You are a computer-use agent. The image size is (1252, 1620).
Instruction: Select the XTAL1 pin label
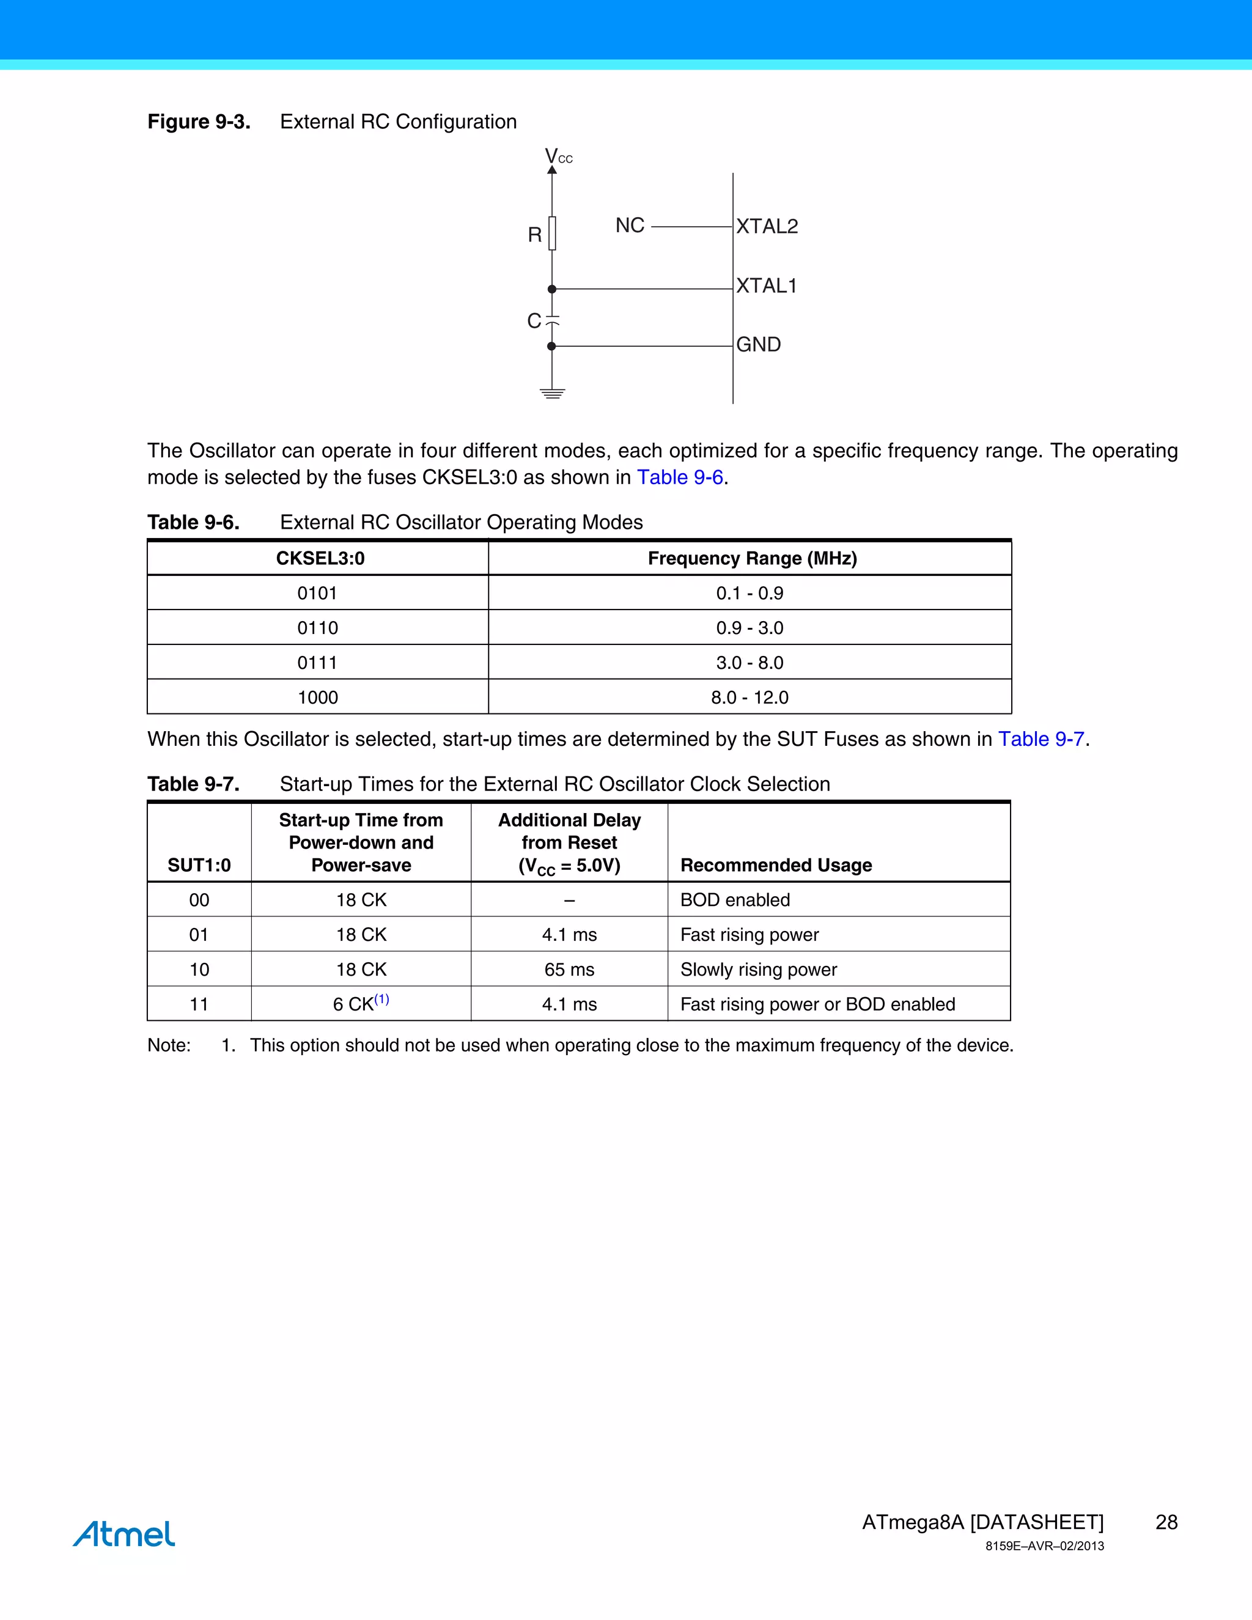(765, 285)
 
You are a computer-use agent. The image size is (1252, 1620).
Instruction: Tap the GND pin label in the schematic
(758, 344)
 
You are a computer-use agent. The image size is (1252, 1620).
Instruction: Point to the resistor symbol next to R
(552, 233)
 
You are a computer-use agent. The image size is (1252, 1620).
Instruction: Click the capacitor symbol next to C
(552, 320)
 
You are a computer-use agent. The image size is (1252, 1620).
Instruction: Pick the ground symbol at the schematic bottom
(552, 393)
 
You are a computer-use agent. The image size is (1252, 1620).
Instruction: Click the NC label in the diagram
(630, 226)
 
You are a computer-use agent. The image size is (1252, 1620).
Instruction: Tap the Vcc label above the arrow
(558, 156)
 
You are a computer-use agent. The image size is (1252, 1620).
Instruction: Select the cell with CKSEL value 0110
(317, 628)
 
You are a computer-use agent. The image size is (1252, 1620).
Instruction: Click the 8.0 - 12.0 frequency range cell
(749, 698)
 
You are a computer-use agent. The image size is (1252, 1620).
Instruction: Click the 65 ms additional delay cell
(569, 970)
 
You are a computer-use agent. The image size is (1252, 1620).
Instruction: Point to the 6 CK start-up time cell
(361, 1004)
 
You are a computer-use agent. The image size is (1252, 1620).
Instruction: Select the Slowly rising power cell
(758, 970)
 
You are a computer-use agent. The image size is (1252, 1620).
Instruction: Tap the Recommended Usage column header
(776, 865)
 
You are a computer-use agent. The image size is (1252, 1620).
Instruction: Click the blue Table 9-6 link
(679, 477)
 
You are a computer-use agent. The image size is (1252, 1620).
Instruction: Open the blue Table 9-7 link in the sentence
(1040, 739)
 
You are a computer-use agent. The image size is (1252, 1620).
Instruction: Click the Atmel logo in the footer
(124, 1534)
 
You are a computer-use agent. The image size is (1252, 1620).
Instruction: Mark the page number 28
(1166, 1522)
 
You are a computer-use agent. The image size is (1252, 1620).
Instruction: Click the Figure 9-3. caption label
(199, 122)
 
